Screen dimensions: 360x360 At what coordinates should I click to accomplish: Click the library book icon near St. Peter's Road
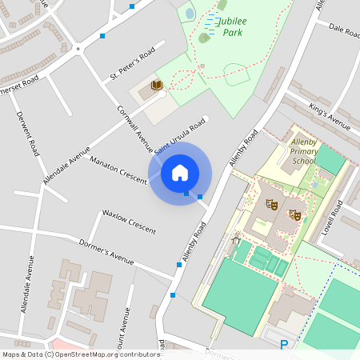pos(157,85)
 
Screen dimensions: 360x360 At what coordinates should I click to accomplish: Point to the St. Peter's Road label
pos(131,66)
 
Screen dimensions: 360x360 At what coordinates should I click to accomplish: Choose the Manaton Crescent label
pos(118,170)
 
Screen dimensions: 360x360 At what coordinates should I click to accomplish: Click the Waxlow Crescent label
pos(128,219)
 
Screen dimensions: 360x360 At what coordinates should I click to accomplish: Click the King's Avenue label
pos(330,116)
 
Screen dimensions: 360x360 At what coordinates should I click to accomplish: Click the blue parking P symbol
pos(284,345)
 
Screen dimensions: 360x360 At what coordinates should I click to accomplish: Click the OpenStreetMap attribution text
pos(81,354)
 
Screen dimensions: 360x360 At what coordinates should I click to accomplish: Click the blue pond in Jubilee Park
pos(190,13)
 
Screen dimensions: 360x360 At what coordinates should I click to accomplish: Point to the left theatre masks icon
pos(272,205)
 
